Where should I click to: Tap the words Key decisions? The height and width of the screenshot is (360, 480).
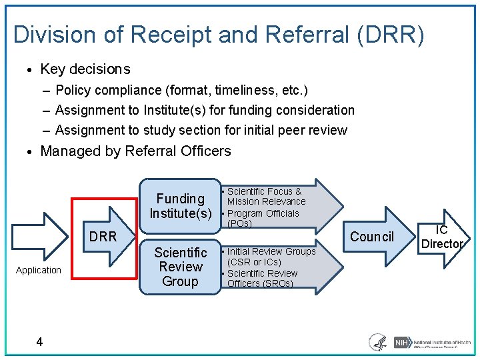coord(85,69)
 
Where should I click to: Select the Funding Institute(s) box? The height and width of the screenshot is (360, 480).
coord(180,206)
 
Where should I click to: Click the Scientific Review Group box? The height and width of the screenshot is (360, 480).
coord(180,267)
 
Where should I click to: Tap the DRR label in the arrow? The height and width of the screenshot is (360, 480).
coord(103,237)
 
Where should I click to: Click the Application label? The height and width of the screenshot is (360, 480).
coord(38,270)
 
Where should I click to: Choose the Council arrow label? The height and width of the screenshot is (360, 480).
coord(372,237)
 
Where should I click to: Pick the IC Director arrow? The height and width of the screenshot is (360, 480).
coord(442,237)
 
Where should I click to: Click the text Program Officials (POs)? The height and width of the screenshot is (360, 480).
coord(263,218)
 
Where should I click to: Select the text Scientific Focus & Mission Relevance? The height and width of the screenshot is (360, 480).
coord(265,196)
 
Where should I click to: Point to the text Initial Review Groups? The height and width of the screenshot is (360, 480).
coord(271,251)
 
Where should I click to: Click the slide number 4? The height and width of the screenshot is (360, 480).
coord(40,342)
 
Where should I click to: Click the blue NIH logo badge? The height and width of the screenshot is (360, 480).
coord(401,343)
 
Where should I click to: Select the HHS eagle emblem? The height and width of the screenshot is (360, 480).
coord(378,343)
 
